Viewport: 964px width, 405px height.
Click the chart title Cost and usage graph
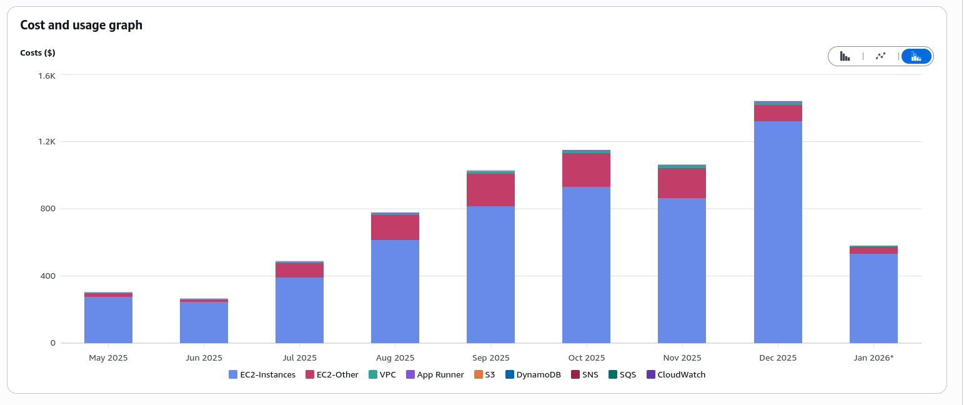81,25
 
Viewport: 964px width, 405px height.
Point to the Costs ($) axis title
37,53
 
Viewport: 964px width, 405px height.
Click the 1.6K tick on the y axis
47,75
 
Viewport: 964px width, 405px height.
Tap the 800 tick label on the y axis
48,209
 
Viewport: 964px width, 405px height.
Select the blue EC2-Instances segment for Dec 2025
778,231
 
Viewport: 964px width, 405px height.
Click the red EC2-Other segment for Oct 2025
586,170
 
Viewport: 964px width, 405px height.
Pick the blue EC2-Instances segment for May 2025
108,319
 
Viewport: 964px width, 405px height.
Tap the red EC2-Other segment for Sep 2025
490,190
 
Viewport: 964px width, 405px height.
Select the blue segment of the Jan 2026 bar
873,298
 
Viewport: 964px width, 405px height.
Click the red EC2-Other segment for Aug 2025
395,227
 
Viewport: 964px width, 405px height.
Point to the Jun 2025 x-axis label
204,358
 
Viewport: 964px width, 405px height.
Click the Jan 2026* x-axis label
873,358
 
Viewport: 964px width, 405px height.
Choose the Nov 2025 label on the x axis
682,358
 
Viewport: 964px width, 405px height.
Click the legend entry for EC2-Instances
262,375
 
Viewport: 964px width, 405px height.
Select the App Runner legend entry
435,375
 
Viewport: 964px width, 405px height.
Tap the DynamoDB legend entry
535,375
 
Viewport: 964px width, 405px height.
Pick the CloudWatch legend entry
675,375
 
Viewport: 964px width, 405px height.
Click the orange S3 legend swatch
479,375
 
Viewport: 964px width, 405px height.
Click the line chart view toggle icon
881,56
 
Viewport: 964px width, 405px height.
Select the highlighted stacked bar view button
916,56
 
